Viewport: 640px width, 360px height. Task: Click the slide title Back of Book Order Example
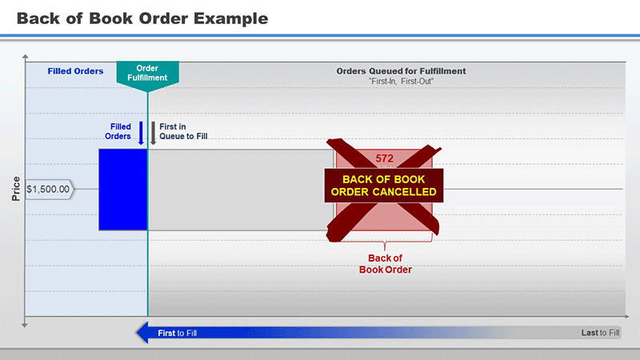[142, 18]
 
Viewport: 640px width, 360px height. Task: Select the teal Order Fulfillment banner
[147, 74]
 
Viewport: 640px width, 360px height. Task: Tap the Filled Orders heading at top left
[75, 71]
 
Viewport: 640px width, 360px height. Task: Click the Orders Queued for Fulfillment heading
[401, 71]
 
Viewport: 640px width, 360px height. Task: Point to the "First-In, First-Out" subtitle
[401, 82]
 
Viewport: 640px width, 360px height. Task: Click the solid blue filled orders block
[123, 190]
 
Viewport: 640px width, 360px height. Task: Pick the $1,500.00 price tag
[49, 190]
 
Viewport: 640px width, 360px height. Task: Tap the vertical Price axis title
[16, 189]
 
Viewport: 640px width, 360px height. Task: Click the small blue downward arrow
[141, 133]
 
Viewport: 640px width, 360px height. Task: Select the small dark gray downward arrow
[153, 133]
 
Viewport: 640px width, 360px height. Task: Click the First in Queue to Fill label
[183, 131]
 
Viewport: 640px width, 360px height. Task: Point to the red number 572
[385, 158]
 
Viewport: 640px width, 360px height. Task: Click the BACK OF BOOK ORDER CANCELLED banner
[384, 186]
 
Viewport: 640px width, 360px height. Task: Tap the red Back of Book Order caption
[386, 264]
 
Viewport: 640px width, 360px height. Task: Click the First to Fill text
[177, 333]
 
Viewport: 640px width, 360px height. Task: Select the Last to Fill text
[600, 333]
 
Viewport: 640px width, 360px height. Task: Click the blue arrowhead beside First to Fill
[142, 333]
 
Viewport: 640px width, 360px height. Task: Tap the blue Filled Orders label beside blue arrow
[118, 131]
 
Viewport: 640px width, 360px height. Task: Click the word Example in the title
[231, 19]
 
